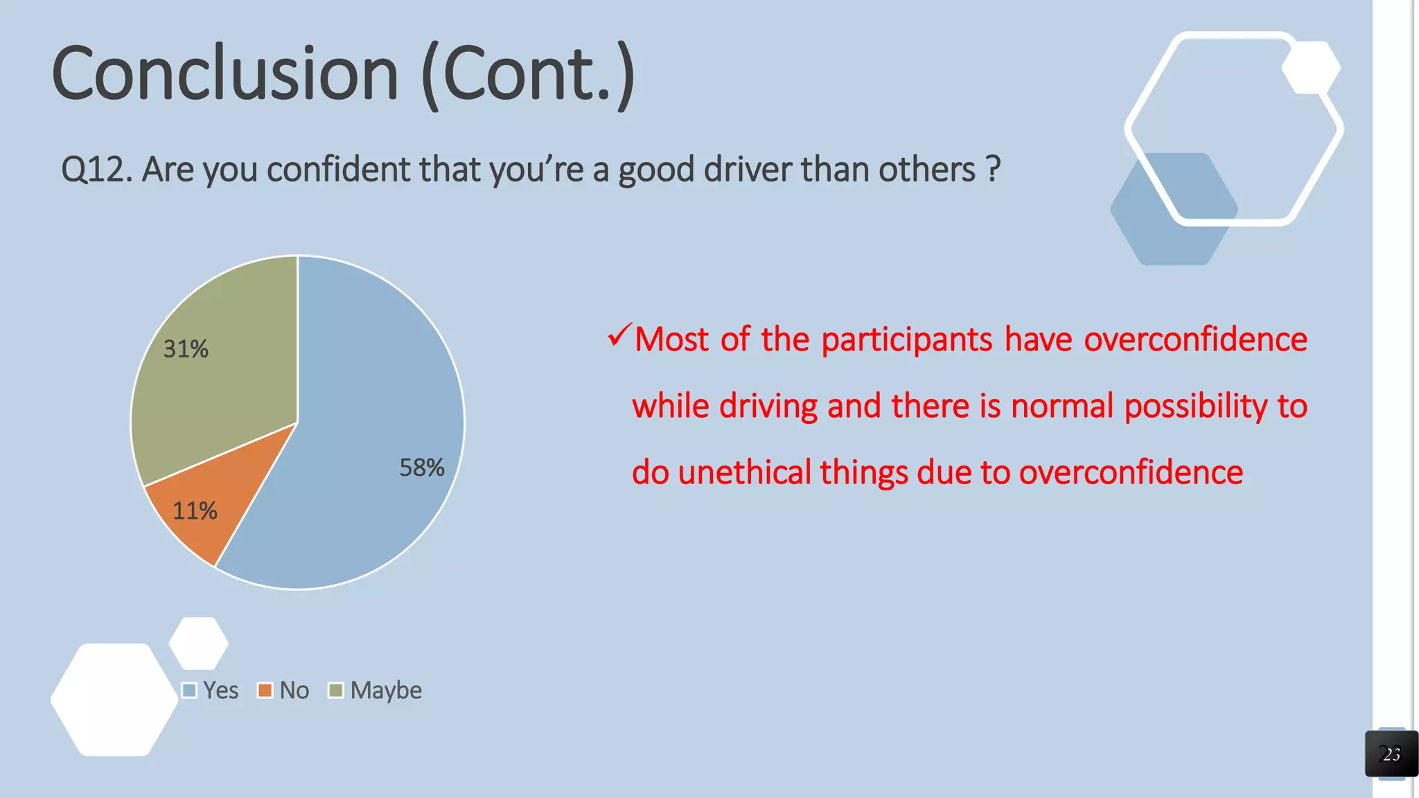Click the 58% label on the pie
[421, 468]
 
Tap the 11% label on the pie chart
[194, 511]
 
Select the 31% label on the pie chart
[186, 348]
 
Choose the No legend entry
[284, 690]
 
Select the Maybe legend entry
[376, 690]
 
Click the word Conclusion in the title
[225, 73]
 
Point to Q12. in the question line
[96, 170]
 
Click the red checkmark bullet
[618, 336]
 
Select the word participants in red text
[906, 340]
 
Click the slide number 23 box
[1391, 754]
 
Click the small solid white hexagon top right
[1310, 67]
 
